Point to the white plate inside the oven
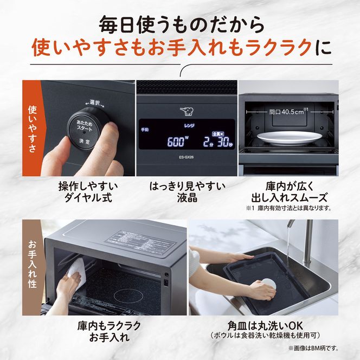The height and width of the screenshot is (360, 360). (x=287, y=138)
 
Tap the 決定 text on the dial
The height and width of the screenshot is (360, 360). (x=86, y=140)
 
